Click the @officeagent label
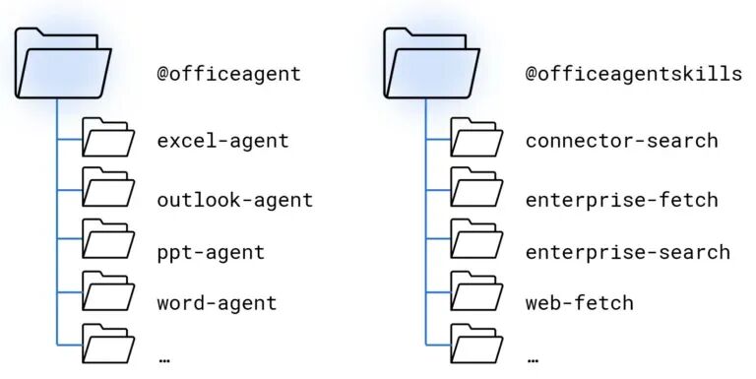coord(229,74)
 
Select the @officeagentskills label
coord(634,74)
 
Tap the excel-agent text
coord(223,142)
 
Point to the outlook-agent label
coord(235,200)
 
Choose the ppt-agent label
coord(211,253)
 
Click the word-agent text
coord(217,304)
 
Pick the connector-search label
coord(622,141)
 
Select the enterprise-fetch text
coord(622,200)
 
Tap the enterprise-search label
coord(628,253)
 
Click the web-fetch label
coord(580,303)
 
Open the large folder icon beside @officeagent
coord(63,63)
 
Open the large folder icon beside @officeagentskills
coord(431,63)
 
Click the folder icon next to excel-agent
coord(108,138)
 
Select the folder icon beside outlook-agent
coord(108,187)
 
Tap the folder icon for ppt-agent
coord(108,238)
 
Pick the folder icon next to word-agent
coord(108,290)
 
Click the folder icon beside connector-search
coord(476,138)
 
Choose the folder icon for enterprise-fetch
coord(476,187)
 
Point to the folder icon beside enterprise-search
coord(476,238)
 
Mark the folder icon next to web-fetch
coord(476,290)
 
